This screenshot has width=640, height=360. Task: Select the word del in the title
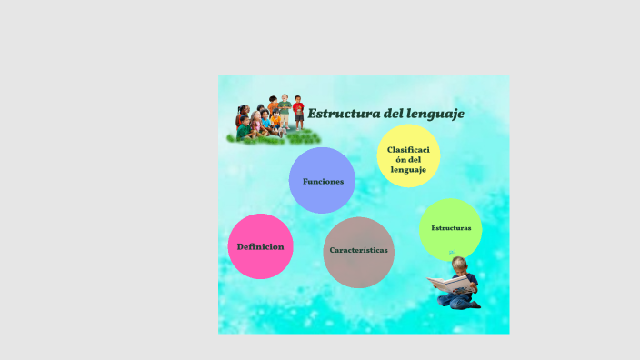coord(388,114)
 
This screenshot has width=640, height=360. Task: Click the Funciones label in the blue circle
coord(323,182)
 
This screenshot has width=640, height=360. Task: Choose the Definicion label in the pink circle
coord(260,246)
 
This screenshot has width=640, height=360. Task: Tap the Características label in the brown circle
coord(358,250)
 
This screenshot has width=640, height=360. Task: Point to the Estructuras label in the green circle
coord(451,228)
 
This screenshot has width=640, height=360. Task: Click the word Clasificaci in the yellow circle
coord(408,149)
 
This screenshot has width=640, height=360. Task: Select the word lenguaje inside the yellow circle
coord(408,170)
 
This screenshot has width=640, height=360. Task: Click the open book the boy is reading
coord(449,285)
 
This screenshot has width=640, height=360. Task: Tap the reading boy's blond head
coord(460,264)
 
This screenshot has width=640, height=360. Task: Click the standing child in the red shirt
coord(298,111)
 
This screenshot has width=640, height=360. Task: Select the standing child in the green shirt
coord(285,110)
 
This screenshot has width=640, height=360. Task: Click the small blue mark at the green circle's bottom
coord(451,252)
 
